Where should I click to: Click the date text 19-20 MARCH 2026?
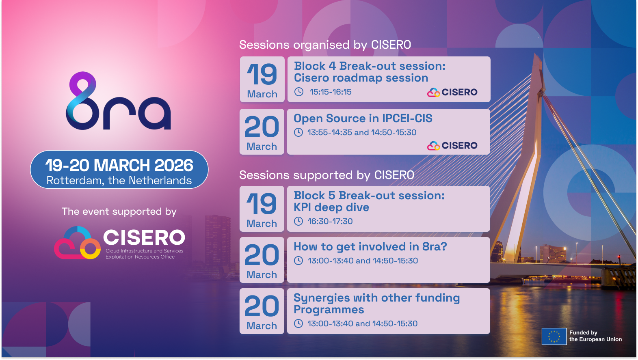pyautogui.click(x=119, y=165)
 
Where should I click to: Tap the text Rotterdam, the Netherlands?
pyautogui.click(x=119, y=181)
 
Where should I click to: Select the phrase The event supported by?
pyautogui.click(x=119, y=211)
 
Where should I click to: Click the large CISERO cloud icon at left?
pyautogui.click(x=77, y=243)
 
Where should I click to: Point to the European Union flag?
pyautogui.click(x=554, y=336)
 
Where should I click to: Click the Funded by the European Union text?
pyautogui.click(x=595, y=336)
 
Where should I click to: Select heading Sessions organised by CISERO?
pyautogui.click(x=325, y=45)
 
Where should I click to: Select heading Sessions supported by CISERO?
pyautogui.click(x=327, y=175)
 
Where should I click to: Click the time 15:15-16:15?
pyautogui.click(x=331, y=92)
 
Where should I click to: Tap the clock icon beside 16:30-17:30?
pyautogui.click(x=298, y=221)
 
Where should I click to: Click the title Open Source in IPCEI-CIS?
pyautogui.click(x=363, y=119)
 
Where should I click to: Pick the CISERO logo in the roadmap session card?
pyautogui.click(x=452, y=93)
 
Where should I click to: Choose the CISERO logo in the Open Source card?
pyautogui.click(x=452, y=146)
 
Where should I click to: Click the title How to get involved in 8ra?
pyautogui.click(x=370, y=247)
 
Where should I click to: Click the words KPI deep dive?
pyautogui.click(x=331, y=207)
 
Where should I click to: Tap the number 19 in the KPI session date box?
pyautogui.click(x=262, y=203)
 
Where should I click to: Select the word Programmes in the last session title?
pyautogui.click(x=329, y=310)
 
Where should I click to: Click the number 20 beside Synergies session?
pyautogui.click(x=262, y=306)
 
